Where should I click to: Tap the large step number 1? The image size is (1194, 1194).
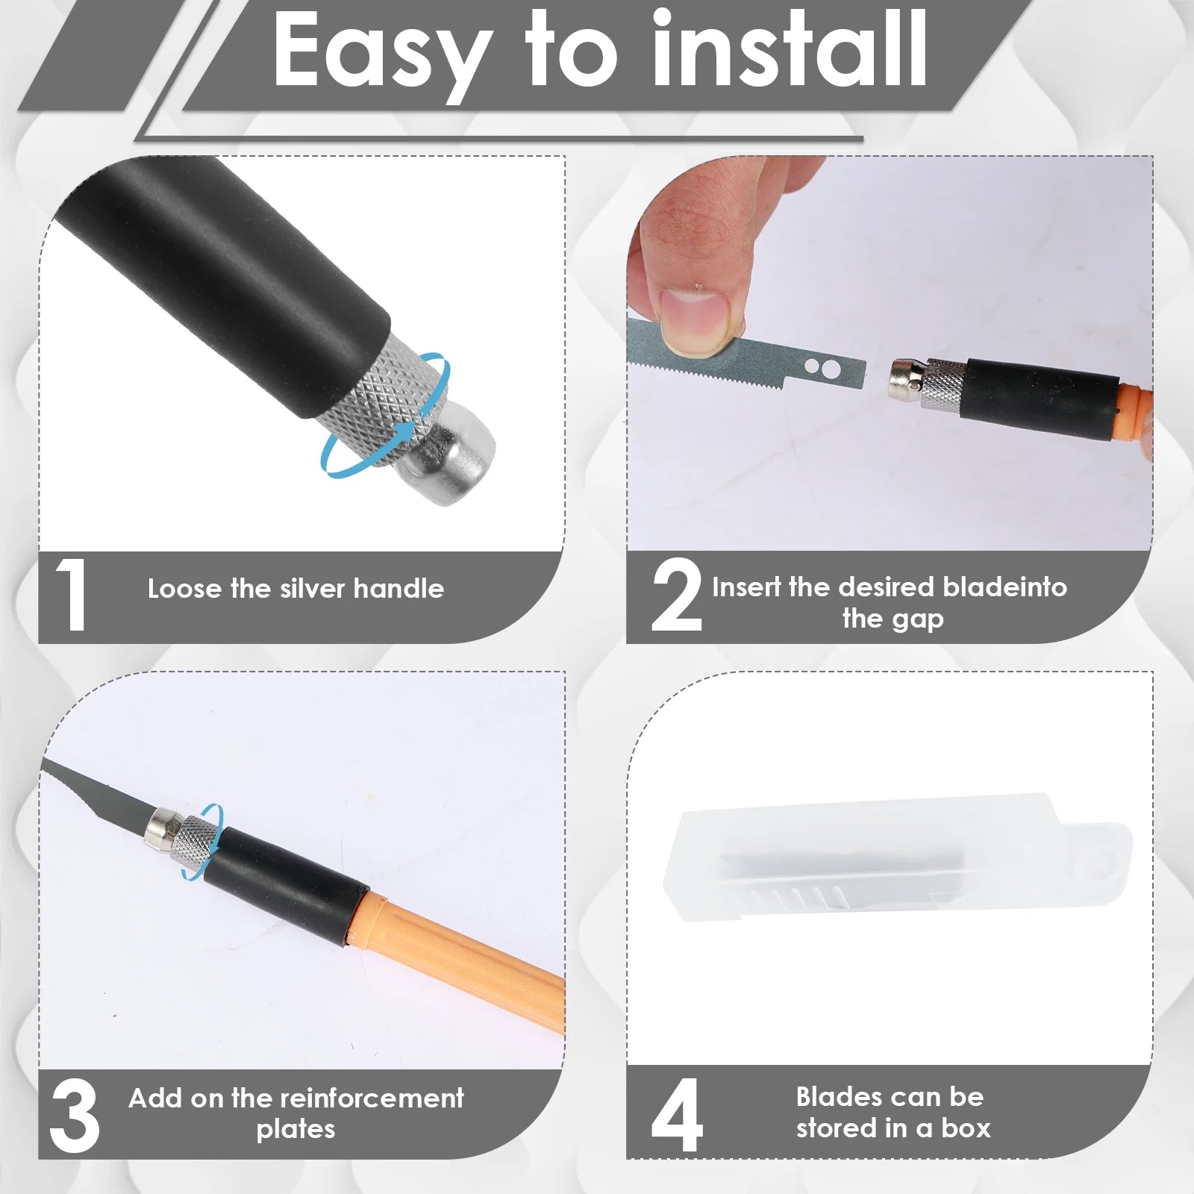click(x=71, y=596)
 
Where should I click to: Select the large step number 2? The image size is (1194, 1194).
click(x=676, y=596)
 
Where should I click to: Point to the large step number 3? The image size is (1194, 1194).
click(x=75, y=1116)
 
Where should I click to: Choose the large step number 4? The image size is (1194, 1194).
click(x=676, y=1116)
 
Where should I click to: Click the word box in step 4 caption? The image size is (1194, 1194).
click(x=966, y=1128)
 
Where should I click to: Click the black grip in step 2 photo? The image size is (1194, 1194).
click(x=1037, y=397)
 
